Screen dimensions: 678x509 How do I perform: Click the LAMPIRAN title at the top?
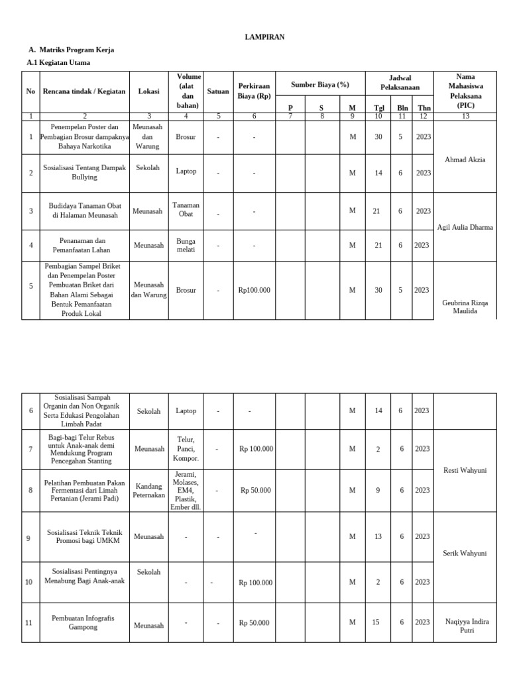tap(264, 37)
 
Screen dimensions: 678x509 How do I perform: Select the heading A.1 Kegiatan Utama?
tap(58, 62)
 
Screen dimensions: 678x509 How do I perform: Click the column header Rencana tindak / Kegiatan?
tap(84, 91)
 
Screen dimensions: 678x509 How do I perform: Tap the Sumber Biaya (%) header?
tap(320, 85)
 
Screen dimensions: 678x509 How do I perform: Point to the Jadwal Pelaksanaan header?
tap(400, 83)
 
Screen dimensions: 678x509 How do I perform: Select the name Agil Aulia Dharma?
tap(465, 227)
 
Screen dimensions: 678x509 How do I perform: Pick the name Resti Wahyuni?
tap(465, 470)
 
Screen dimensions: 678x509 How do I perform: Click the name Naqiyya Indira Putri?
tap(465, 626)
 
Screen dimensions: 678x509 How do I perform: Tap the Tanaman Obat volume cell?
tap(186, 209)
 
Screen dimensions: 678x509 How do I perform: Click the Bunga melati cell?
tap(186, 245)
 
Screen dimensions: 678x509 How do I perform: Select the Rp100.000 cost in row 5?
tap(254, 290)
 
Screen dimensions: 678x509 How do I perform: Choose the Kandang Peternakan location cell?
tap(148, 491)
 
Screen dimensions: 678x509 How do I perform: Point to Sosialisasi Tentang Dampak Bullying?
tap(84, 172)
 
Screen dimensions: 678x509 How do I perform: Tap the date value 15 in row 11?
tap(376, 622)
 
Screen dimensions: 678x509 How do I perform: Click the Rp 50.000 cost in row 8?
tap(255, 491)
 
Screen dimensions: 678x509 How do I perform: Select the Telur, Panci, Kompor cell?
tap(186, 448)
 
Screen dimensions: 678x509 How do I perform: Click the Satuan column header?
tap(218, 91)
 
